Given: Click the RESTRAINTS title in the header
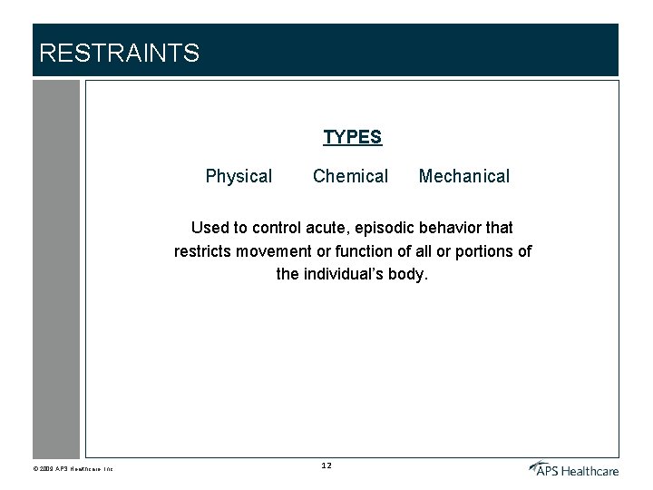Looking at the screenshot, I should pyautogui.click(x=119, y=54).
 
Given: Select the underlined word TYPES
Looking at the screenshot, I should pyautogui.click(x=353, y=137).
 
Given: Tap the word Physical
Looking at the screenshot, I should pyautogui.click(x=239, y=176).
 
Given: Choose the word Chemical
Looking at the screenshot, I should pyautogui.click(x=350, y=176).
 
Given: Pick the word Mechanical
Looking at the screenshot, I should pyautogui.click(x=464, y=176).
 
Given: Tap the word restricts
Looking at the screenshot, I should pyautogui.click(x=205, y=251).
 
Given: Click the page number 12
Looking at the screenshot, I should pyautogui.click(x=326, y=465).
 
